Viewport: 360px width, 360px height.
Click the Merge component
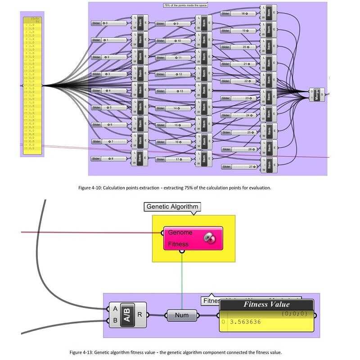point(317,94)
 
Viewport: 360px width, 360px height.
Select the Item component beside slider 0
point(139,22)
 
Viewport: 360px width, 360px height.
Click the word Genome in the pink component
point(180,233)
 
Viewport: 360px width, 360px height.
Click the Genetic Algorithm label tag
point(171,207)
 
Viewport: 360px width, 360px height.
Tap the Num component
point(182,315)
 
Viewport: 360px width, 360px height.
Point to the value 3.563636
point(246,323)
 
